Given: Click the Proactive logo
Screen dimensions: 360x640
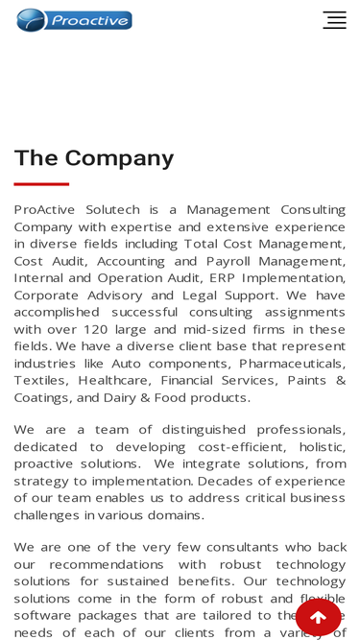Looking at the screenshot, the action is tap(74, 20).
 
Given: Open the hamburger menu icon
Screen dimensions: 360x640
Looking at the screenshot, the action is tap(334, 20).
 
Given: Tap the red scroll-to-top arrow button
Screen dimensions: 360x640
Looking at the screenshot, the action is tap(318, 617).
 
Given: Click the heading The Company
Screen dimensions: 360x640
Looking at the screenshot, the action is tap(94, 158).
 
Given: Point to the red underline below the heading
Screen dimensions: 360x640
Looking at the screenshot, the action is tap(41, 183).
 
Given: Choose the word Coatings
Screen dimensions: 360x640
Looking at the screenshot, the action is tap(42, 398).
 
